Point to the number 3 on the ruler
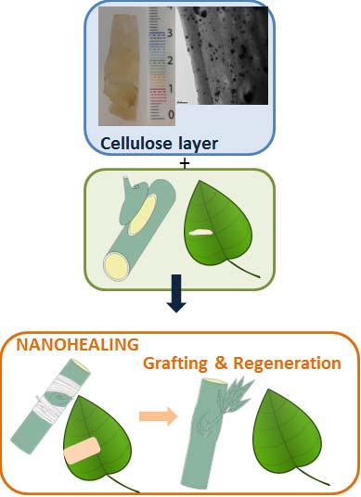170,32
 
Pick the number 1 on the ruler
170,87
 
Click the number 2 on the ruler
170,60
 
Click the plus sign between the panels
183,163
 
